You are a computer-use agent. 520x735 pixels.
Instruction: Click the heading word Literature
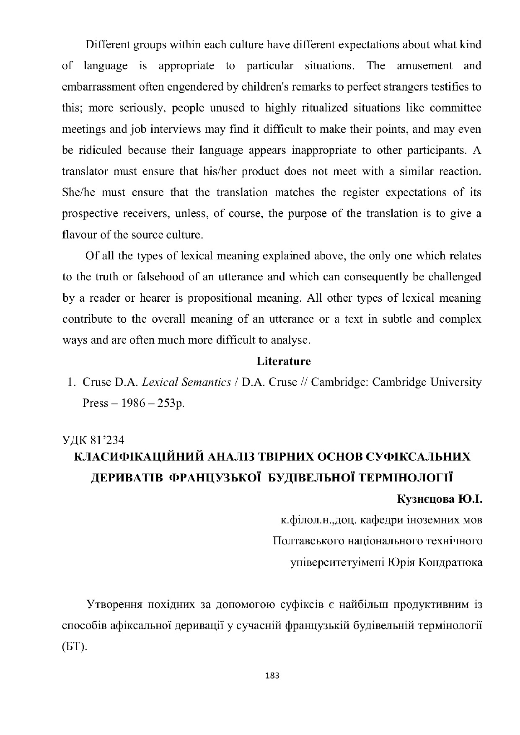284,361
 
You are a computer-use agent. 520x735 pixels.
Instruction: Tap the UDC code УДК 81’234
93,440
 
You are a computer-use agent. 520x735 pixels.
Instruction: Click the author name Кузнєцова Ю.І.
440,499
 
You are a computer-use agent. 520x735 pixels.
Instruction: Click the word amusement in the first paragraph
424,66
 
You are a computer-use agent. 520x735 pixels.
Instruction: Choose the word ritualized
310,108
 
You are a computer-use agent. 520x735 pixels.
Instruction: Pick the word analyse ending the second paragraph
290,340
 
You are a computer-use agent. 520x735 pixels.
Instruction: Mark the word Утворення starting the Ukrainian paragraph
113,604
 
